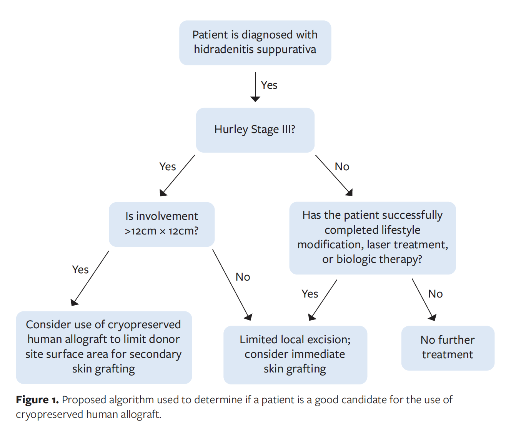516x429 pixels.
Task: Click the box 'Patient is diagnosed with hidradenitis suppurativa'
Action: (x=255, y=43)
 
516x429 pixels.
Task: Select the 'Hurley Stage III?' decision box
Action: (x=255, y=130)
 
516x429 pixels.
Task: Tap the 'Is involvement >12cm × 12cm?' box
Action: (x=161, y=224)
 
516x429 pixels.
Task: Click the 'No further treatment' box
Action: (x=448, y=348)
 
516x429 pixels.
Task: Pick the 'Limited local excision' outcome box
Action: (x=295, y=354)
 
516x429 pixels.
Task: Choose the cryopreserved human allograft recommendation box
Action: (x=104, y=347)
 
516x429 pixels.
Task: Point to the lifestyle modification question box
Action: (x=372, y=238)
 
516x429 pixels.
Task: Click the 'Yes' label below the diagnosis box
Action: (x=269, y=85)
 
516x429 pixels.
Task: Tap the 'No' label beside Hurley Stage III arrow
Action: (x=342, y=167)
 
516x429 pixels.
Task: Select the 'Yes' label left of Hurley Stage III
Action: (x=168, y=167)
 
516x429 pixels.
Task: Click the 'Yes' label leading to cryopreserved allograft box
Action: (x=80, y=270)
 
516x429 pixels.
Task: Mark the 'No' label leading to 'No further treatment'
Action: (x=435, y=294)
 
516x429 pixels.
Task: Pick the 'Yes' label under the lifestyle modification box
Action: (x=310, y=294)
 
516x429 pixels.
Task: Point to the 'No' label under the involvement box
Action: (x=243, y=277)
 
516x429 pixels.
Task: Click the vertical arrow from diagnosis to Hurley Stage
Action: (x=255, y=86)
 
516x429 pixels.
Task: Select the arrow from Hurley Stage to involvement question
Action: (x=178, y=175)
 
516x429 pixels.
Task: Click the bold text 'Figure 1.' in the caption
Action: (x=37, y=400)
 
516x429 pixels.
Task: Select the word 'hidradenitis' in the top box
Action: (x=223, y=50)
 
